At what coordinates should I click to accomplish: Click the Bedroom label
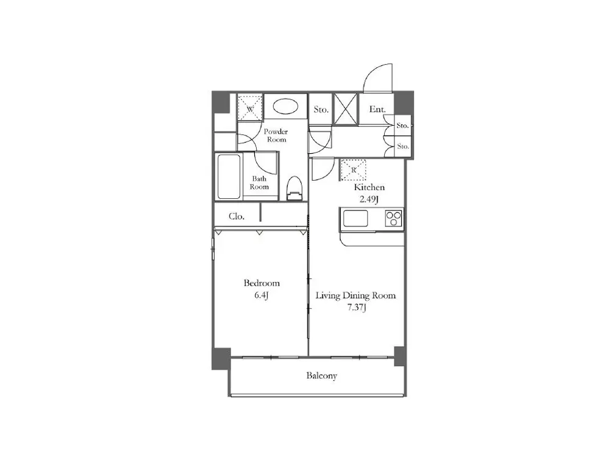[x=262, y=283]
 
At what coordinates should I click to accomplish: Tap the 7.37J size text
[x=356, y=308]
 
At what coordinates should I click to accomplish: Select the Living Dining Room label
[x=355, y=295]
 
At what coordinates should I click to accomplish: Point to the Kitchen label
[x=369, y=187]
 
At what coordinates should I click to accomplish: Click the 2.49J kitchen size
[x=369, y=199]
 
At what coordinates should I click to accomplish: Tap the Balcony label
[x=321, y=375]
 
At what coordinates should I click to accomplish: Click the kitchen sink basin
[x=355, y=218]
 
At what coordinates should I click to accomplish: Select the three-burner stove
[x=394, y=218]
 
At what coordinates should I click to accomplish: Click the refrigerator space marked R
[x=354, y=170]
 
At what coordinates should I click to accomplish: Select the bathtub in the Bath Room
[x=229, y=177]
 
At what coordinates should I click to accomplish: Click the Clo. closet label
[x=237, y=217]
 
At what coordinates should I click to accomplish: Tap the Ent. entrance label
[x=377, y=109]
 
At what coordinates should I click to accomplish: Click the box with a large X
[x=345, y=109]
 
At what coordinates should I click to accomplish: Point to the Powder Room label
[x=276, y=135]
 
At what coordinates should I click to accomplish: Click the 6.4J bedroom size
[x=261, y=295]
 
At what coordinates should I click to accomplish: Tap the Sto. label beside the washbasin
[x=321, y=109]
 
